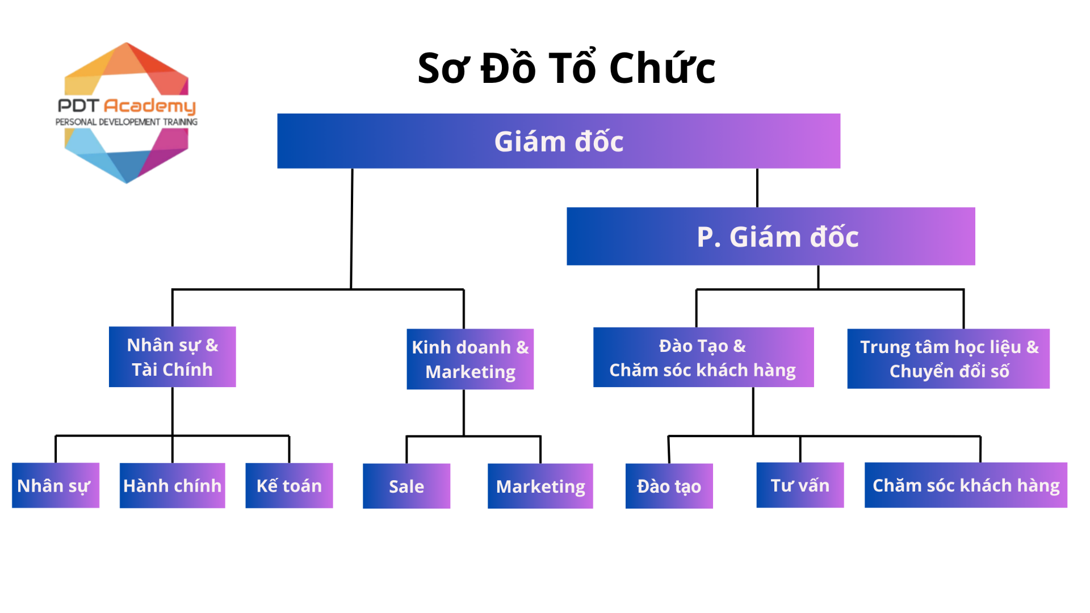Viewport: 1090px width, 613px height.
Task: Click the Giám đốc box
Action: [559, 141]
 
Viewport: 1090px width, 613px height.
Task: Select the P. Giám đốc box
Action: [770, 236]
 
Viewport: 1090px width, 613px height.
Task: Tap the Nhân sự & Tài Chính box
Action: [172, 357]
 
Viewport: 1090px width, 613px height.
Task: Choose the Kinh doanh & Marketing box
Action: [470, 359]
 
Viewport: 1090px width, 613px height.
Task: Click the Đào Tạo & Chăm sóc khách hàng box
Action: [703, 358]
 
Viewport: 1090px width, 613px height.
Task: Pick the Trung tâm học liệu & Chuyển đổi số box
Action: [948, 359]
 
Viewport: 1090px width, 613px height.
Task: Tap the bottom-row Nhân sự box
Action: [55, 486]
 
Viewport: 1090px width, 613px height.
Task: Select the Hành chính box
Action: [172, 486]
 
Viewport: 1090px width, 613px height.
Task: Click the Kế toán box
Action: [289, 486]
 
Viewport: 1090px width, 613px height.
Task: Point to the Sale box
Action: [406, 486]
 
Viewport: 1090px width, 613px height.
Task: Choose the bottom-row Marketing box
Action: [540, 486]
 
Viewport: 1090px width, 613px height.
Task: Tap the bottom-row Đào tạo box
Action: [669, 486]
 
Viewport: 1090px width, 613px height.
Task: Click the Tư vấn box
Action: [800, 485]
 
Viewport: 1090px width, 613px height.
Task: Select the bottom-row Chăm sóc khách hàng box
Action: [966, 485]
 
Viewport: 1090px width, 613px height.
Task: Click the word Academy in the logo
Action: [150, 106]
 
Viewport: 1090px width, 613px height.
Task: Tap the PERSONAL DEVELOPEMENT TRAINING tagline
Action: [126, 122]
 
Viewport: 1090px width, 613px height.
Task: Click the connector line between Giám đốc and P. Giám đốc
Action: [757, 188]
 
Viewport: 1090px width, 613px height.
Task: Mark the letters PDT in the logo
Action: [79, 106]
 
